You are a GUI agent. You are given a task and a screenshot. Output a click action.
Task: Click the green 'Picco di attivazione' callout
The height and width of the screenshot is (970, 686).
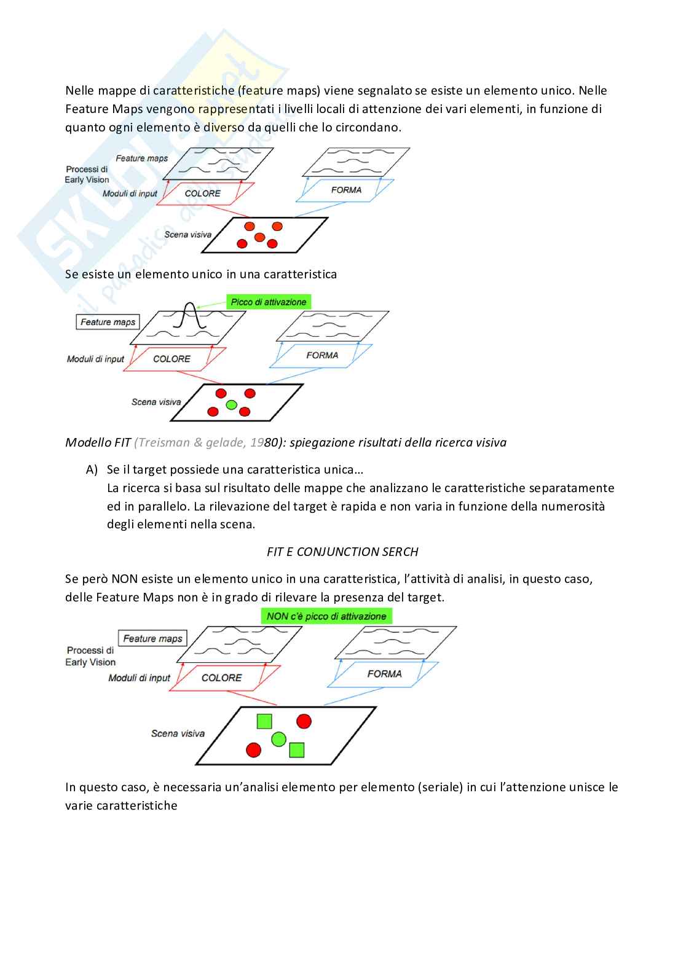click(269, 302)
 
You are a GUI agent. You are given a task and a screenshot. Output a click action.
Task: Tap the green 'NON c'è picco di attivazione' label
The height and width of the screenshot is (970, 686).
click(326, 616)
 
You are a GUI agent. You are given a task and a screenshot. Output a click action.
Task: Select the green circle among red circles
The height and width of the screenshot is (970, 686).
click(231, 405)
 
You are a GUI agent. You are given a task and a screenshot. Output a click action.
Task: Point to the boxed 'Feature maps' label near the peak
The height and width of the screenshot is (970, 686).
click(108, 322)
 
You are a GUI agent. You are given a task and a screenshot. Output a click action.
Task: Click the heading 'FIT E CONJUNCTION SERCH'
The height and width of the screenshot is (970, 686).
click(342, 552)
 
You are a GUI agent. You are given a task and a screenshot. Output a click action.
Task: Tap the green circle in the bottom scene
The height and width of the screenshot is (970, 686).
click(278, 739)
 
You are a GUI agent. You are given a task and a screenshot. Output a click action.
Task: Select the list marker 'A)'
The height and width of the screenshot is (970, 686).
click(92, 470)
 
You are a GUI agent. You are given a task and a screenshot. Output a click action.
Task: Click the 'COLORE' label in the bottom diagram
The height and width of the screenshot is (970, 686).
click(221, 678)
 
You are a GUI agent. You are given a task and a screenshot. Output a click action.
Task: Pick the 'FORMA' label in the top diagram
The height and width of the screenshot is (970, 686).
click(346, 190)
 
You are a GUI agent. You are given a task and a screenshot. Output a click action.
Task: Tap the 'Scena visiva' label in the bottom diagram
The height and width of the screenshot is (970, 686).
click(178, 733)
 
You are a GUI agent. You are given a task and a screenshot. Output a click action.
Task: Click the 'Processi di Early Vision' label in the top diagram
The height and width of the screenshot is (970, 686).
click(87, 174)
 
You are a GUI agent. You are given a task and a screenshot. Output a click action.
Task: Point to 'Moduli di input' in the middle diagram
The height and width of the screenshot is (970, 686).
click(95, 359)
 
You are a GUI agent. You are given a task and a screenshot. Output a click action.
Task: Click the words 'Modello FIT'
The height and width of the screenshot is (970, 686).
click(98, 442)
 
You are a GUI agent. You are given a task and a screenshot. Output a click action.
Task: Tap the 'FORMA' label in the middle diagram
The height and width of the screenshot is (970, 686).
click(322, 355)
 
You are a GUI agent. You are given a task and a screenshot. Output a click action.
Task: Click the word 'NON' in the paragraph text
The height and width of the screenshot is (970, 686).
click(124, 579)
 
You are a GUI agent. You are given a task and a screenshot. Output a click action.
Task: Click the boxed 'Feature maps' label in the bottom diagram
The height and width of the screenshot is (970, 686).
click(152, 638)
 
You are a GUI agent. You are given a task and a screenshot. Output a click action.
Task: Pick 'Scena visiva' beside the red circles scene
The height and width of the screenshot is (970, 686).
click(187, 235)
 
